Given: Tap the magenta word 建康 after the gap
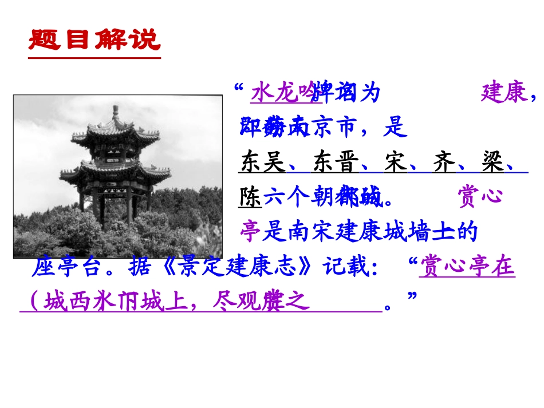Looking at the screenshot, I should point(504,93).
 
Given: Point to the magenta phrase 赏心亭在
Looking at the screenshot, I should point(467,267).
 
